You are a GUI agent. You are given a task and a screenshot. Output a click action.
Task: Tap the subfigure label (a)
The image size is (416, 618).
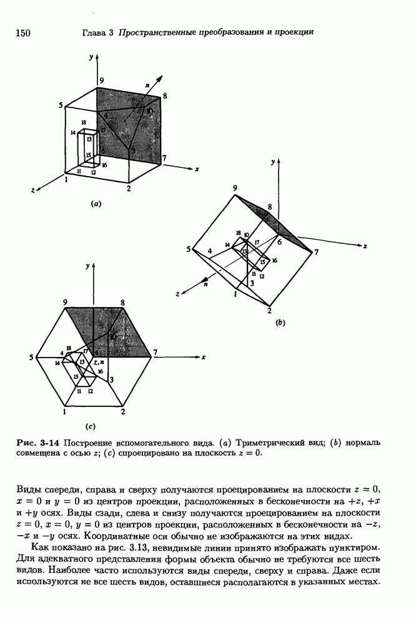click(x=96, y=203)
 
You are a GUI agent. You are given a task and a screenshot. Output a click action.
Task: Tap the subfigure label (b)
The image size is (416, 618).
click(x=280, y=323)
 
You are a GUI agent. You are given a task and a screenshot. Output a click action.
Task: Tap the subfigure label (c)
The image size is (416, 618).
click(x=91, y=426)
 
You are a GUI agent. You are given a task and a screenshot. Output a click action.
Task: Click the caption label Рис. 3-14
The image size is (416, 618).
click(x=37, y=443)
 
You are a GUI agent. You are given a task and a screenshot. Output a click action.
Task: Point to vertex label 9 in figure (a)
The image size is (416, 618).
click(x=101, y=81)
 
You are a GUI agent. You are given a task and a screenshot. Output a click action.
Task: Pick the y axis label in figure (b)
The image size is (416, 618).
click(x=272, y=161)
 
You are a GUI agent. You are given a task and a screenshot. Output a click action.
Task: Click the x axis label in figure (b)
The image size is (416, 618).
click(x=364, y=246)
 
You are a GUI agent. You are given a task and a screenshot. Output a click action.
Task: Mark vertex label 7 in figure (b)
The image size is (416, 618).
click(x=317, y=253)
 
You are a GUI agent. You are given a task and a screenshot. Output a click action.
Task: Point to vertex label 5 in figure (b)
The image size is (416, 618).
click(x=188, y=250)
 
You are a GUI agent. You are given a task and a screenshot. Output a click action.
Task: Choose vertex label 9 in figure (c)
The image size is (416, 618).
click(x=65, y=303)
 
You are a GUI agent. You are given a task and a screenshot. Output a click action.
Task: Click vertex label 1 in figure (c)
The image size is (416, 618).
click(x=65, y=412)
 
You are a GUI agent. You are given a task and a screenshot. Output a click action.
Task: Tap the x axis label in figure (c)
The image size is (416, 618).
click(x=204, y=357)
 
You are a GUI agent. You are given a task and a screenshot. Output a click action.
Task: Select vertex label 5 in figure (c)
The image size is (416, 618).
click(x=31, y=357)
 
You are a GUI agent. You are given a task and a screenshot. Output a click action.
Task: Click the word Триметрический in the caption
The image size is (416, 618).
click(x=210, y=443)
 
